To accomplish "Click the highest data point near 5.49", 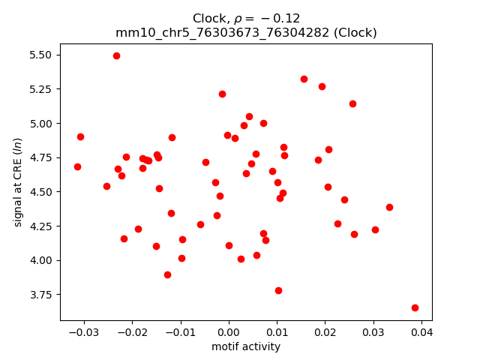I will point(116,55).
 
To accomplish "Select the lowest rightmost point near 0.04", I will point(415,307).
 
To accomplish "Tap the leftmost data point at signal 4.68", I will point(77,166).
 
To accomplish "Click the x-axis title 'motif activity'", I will point(246,346).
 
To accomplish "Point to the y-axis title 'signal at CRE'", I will point(19,182).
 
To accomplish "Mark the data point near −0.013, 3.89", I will point(167,274).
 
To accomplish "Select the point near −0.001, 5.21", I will point(222,94).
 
